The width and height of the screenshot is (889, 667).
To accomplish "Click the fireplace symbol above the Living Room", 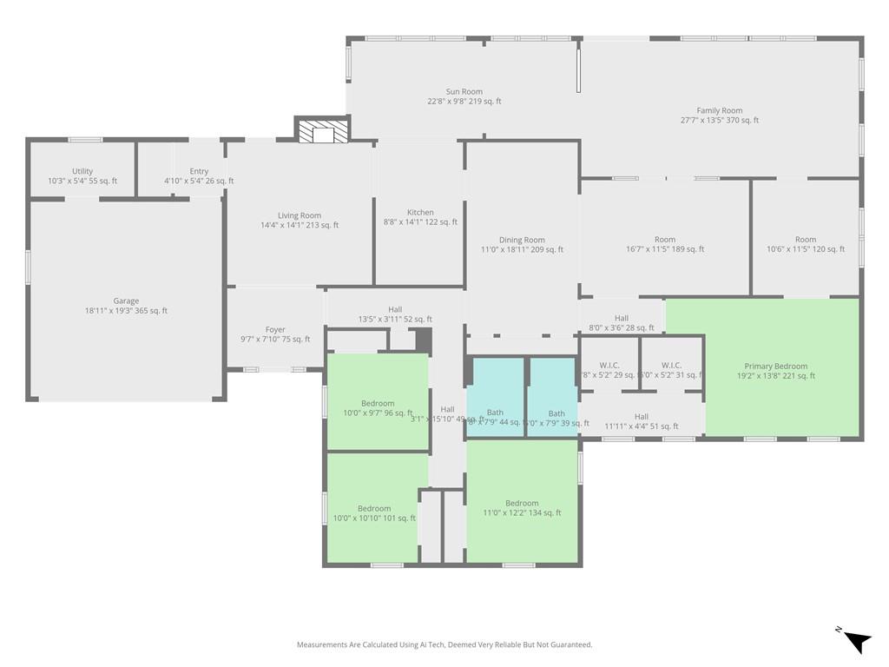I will [322, 131].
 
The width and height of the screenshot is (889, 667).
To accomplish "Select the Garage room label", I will [126, 301].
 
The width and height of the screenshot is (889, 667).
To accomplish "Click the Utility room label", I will [82, 171].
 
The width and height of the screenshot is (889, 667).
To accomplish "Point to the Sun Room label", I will [464, 91].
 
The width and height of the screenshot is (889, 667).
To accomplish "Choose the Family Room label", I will [720, 110].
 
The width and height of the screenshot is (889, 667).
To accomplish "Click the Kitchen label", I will [420, 212].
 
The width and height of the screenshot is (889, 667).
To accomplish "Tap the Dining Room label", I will [522, 240].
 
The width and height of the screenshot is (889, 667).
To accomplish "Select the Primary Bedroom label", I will [775, 366].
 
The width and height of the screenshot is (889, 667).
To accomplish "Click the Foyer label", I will [275, 329].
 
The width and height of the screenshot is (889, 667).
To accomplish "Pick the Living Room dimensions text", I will [300, 225].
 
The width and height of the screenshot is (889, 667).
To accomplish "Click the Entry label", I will [199, 171].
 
